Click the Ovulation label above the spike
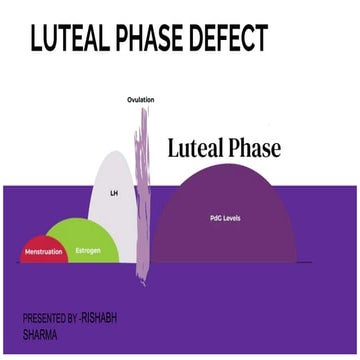(141, 100)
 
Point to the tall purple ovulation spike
(144, 190)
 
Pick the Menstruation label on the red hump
(44, 252)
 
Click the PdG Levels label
(225, 217)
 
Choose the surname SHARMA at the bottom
(40, 335)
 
